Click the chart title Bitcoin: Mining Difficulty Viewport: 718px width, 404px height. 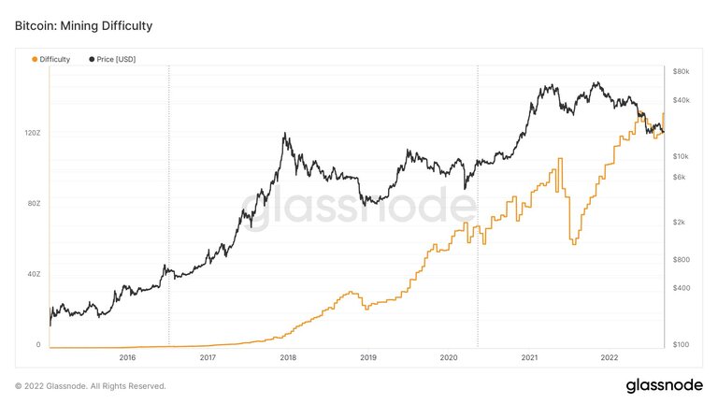(x=83, y=26)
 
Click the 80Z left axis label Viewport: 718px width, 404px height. (x=33, y=204)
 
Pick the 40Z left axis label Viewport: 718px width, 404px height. (x=33, y=274)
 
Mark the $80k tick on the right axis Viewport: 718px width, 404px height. (x=681, y=72)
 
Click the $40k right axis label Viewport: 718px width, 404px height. (x=681, y=100)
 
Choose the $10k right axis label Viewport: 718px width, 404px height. (x=681, y=156)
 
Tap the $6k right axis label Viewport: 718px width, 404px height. (x=679, y=177)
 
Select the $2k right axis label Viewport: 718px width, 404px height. (x=679, y=222)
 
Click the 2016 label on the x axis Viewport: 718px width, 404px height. (x=127, y=357)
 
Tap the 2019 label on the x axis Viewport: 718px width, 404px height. (x=368, y=357)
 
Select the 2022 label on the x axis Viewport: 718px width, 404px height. (x=610, y=357)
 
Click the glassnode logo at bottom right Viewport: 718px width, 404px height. (x=666, y=385)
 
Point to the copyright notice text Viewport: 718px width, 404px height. (x=90, y=385)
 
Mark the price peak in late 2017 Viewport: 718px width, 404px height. (x=284, y=134)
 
